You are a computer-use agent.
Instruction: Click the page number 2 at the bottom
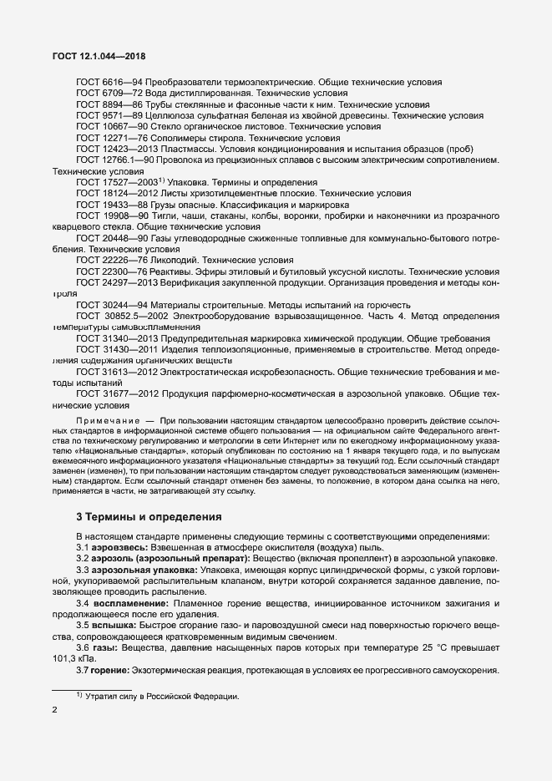click(54, 710)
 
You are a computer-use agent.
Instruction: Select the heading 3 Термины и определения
click(149, 517)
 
